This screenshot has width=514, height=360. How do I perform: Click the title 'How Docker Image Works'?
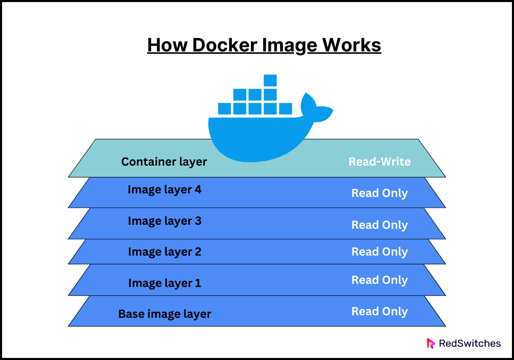pyautogui.click(x=264, y=45)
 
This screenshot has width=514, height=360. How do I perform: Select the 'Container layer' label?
pyautogui.click(x=164, y=161)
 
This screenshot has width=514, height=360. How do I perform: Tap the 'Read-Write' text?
pyautogui.click(x=379, y=161)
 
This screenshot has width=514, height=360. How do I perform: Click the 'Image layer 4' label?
pyautogui.click(x=164, y=190)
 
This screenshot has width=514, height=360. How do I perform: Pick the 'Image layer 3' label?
pyautogui.click(x=164, y=221)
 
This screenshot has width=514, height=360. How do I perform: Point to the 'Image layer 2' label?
pyautogui.click(x=164, y=252)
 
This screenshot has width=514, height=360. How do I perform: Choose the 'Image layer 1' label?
pyautogui.click(x=164, y=283)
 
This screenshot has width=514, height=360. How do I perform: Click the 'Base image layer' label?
pyautogui.click(x=164, y=314)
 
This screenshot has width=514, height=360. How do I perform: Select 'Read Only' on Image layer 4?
pyautogui.click(x=379, y=193)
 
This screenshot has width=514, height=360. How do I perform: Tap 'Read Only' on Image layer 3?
pyautogui.click(x=379, y=225)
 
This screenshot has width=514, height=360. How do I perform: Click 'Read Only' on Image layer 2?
pyautogui.click(x=379, y=252)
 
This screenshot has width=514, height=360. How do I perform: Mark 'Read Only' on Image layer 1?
pyautogui.click(x=379, y=280)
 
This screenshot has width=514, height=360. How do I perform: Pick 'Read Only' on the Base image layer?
pyautogui.click(x=379, y=312)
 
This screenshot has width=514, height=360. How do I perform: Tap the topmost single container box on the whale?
pyautogui.click(x=270, y=81)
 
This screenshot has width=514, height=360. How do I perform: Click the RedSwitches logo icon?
pyautogui.click(x=431, y=343)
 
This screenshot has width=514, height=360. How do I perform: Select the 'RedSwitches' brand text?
pyautogui.click(x=468, y=343)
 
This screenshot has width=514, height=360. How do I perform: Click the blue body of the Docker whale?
pyautogui.click(x=252, y=136)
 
